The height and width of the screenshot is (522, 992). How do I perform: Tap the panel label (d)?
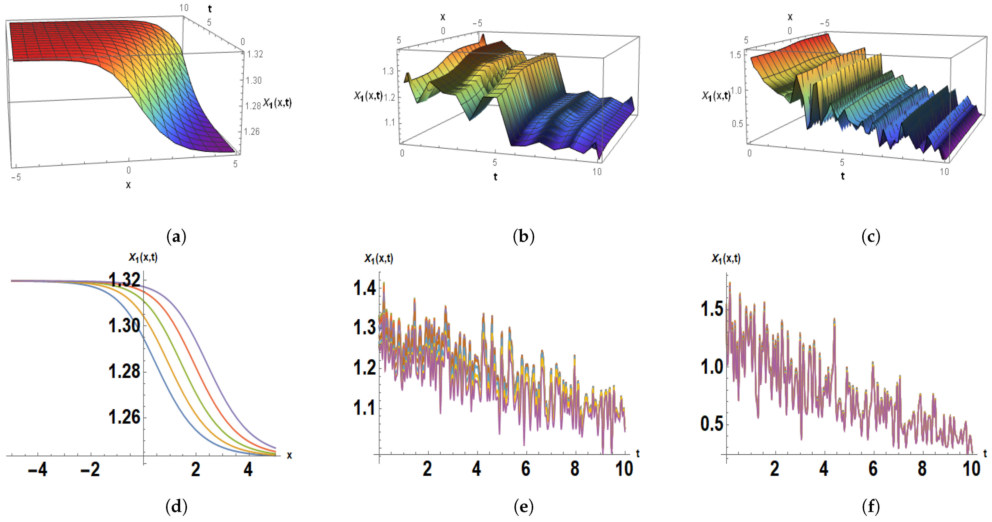click(x=176, y=507)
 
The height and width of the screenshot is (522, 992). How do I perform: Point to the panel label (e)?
click(x=524, y=507)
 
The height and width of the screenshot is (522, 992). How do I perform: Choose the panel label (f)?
click(x=871, y=507)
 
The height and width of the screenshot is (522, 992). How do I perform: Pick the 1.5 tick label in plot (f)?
click(x=712, y=309)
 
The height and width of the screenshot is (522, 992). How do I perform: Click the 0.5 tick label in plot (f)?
click(x=712, y=424)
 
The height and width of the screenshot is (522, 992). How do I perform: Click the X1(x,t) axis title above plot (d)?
click(x=143, y=257)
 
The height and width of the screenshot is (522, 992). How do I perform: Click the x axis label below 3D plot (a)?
click(x=128, y=185)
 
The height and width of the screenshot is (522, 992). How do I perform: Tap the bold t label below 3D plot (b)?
click(x=495, y=177)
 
